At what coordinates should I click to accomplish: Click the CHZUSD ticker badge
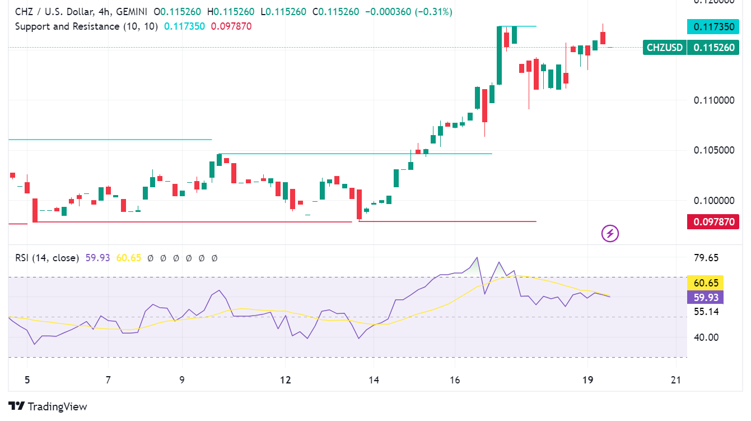[x=665, y=48]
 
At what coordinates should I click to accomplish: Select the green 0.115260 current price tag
[x=713, y=48]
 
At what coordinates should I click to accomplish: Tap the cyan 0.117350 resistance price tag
[x=713, y=26]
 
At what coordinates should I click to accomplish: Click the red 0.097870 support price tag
[x=713, y=222]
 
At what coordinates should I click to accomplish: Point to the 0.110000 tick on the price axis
[x=713, y=100]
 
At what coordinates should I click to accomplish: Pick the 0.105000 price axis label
[x=713, y=150]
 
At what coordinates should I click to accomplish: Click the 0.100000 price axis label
[x=713, y=201]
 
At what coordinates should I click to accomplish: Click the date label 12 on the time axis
[x=286, y=380]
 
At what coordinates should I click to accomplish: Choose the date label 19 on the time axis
[x=587, y=380]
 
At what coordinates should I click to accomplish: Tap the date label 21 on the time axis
[x=677, y=380]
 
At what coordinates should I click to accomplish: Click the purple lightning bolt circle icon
[x=610, y=233]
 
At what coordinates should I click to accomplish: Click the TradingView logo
[x=48, y=406]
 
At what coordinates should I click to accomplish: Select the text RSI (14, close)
[x=47, y=258]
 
